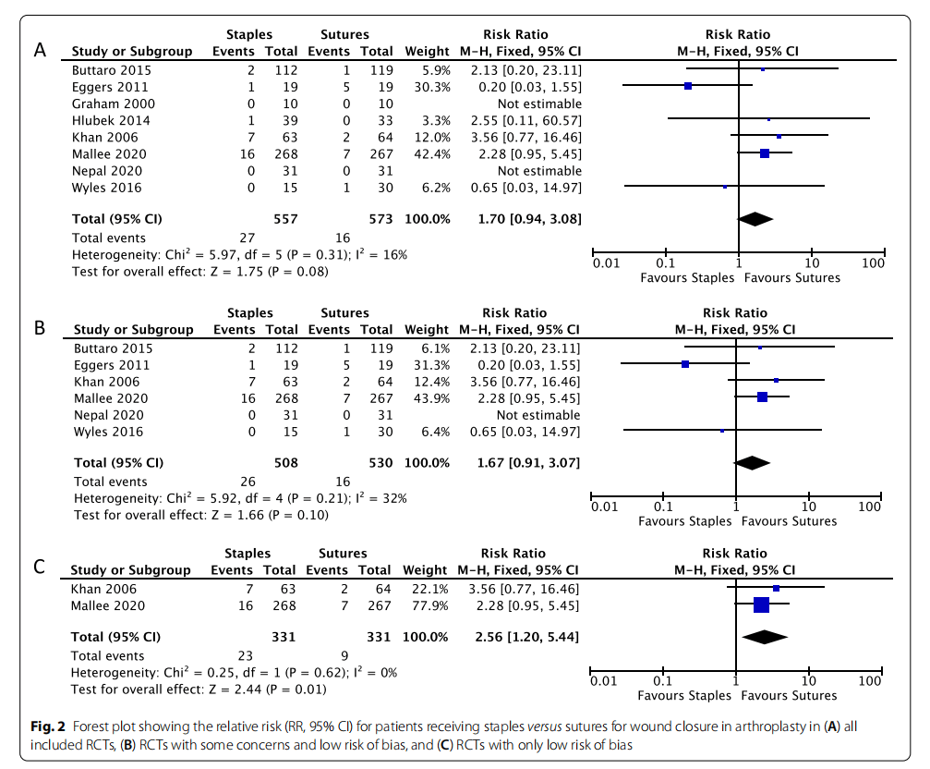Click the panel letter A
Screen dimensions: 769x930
[40, 50]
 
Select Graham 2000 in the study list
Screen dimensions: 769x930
[115, 104]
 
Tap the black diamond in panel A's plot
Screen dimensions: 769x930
[755, 219]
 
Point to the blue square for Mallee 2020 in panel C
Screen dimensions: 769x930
[761, 605]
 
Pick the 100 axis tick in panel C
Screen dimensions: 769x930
[869, 681]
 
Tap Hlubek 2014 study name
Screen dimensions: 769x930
[111, 120]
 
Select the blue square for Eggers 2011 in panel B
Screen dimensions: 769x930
[685, 365]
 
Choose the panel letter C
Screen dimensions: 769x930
[40, 568]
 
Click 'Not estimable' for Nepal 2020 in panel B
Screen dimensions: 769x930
[539, 415]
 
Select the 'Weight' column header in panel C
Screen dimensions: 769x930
[426, 570]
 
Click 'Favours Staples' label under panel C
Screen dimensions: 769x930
[686, 696]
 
